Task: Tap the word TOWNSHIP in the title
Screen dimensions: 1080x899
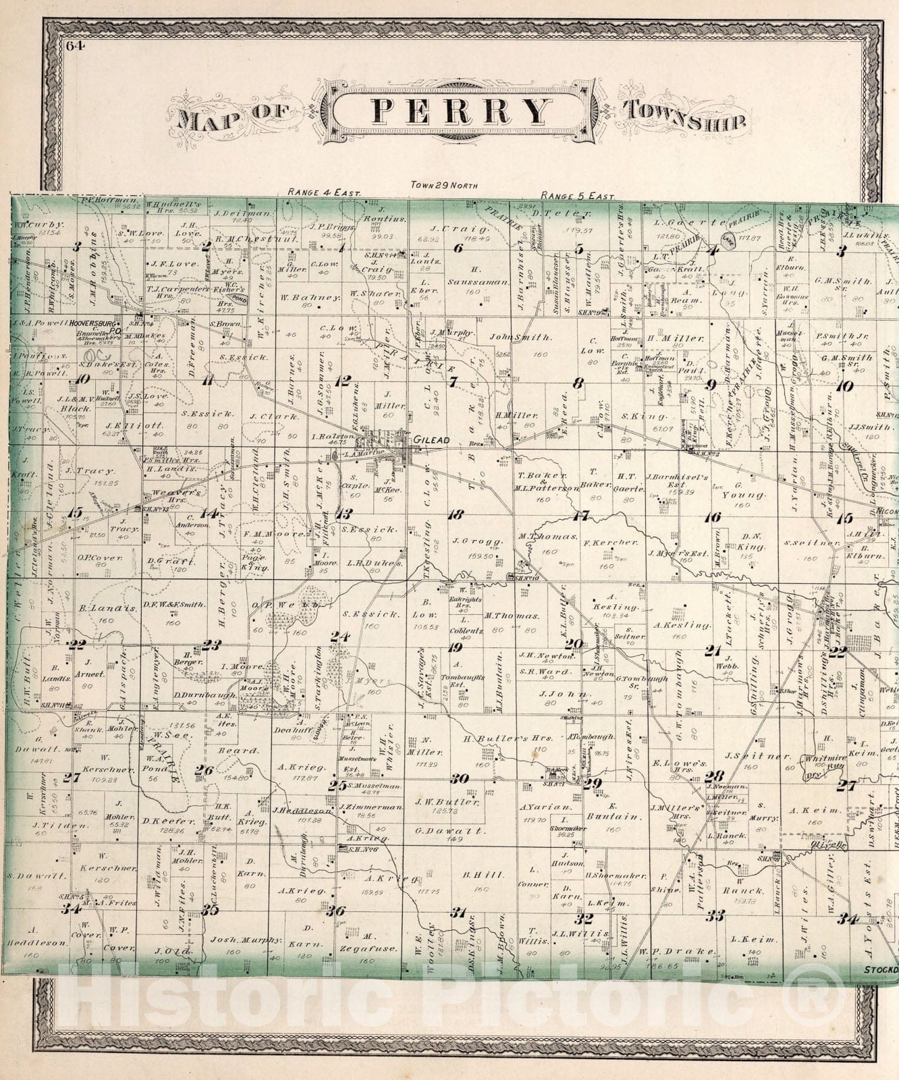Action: pyautogui.click(x=685, y=116)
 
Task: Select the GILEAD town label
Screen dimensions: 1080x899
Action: pyautogui.click(x=432, y=440)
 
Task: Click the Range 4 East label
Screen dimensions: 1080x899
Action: pyautogui.click(x=325, y=192)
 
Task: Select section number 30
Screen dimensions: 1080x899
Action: pyautogui.click(x=460, y=778)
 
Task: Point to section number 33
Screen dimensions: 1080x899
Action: pyautogui.click(x=715, y=915)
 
